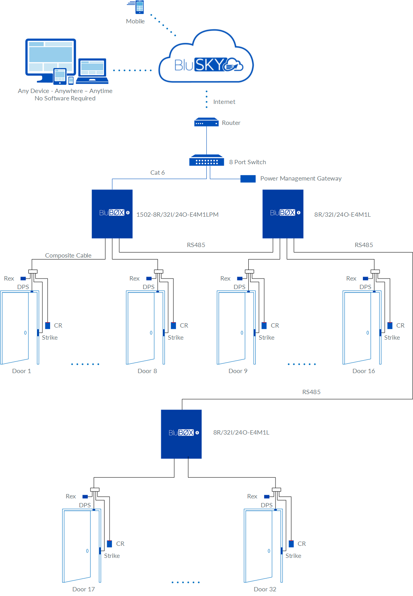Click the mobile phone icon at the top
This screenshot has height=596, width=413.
(139, 7)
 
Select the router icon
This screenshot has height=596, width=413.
(206, 123)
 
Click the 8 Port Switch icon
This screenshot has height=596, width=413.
(206, 161)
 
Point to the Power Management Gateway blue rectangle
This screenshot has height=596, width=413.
(248, 179)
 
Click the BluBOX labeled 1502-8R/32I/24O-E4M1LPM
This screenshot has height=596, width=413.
(112, 214)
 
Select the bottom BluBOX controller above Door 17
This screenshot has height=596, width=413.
(181, 434)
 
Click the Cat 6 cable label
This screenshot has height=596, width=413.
(157, 172)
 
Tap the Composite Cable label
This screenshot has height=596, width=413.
(68, 255)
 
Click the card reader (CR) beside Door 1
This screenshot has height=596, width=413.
(48, 326)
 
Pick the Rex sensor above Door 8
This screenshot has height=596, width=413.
(149, 279)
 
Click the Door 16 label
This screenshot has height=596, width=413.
(363, 371)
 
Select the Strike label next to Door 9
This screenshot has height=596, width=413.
(266, 337)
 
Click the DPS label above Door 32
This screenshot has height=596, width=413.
(267, 505)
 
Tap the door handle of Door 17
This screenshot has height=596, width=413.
(87, 551)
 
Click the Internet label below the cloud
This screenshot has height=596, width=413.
(224, 102)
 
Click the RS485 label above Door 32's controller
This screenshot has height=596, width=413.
(311, 392)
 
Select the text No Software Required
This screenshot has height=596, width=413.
(65, 98)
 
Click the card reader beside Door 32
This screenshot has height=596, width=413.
(291, 544)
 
